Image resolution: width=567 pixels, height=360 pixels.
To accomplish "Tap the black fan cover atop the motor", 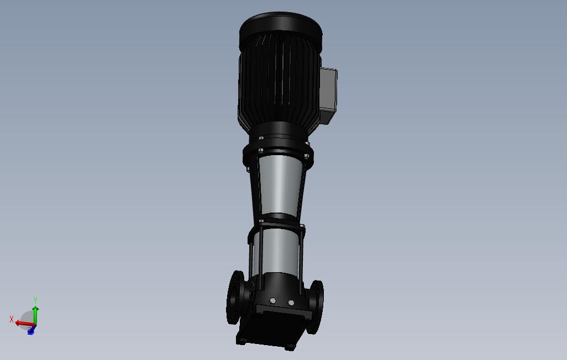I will pyautogui.click(x=280, y=28).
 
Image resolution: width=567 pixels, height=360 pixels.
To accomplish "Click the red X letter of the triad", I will pyautogui.click(x=12, y=319).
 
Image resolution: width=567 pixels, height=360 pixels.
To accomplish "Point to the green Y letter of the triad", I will pyautogui.click(x=35, y=300).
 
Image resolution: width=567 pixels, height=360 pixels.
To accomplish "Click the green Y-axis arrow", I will pyautogui.click(x=35, y=313).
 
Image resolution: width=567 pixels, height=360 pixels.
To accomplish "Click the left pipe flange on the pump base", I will pyautogui.click(x=235, y=298).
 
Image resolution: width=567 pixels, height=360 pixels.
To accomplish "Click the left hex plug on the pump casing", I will pyautogui.click(x=272, y=301).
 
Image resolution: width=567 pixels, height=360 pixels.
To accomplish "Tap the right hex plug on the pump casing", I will pyautogui.click(x=291, y=303).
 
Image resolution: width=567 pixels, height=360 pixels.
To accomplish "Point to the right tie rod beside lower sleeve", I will pyautogui.click(x=302, y=254).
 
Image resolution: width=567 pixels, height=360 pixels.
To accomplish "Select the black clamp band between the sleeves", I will pyautogui.click(x=279, y=222).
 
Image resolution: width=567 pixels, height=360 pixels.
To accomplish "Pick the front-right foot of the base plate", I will pyautogui.click(x=290, y=347).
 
